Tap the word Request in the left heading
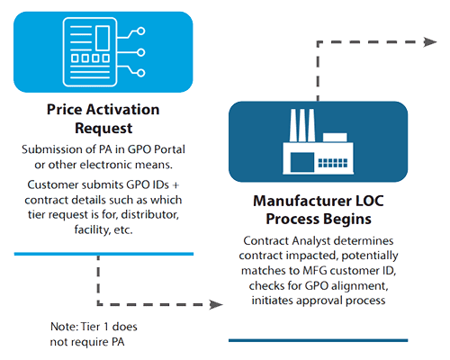[x=103, y=129]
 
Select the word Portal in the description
[x=169, y=149]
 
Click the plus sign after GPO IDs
[x=176, y=185]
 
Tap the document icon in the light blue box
[x=103, y=52]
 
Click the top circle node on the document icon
[x=141, y=31]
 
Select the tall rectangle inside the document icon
[x=103, y=38]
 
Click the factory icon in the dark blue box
[x=318, y=141]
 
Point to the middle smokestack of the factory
[x=302, y=125]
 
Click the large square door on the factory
[x=302, y=162]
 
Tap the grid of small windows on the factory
[x=333, y=163]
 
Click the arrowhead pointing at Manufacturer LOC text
[x=217, y=304]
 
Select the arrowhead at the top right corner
[x=430, y=42]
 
